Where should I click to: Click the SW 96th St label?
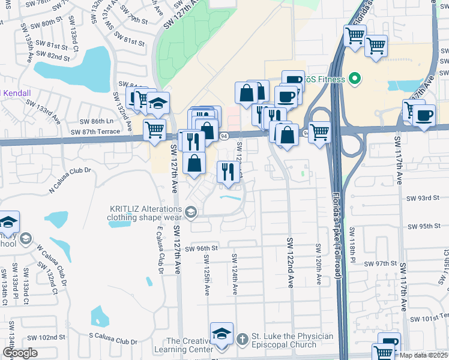click(x=201, y=249)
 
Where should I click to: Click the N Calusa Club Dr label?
click(x=70, y=179)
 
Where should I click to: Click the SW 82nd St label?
click(x=50, y=56)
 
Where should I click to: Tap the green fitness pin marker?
click(x=354, y=79)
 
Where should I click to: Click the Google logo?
click(x=20, y=352)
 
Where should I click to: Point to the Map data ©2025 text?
click(x=424, y=355)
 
